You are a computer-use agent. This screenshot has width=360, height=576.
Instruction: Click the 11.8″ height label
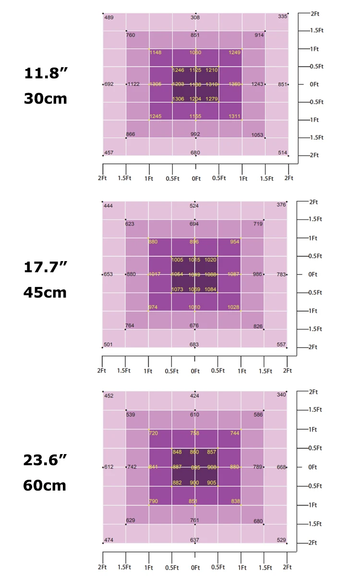(46, 74)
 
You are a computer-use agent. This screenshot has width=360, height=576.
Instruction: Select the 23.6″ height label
(46, 460)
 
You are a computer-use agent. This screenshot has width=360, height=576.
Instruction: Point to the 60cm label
(45, 485)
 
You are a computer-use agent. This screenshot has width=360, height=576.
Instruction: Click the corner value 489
(109, 18)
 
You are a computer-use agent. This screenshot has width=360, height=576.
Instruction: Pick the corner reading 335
(283, 17)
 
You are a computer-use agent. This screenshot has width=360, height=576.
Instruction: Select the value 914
(259, 35)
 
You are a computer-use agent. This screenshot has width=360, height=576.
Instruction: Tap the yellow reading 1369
(235, 84)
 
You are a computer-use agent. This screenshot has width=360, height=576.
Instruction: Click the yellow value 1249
(235, 52)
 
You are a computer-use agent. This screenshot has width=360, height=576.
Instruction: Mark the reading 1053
(257, 135)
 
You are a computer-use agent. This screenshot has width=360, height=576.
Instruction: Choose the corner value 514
(283, 153)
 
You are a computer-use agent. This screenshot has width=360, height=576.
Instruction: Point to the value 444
(108, 206)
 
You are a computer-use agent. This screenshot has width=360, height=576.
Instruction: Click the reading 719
(258, 224)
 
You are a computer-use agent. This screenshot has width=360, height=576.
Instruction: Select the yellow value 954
(235, 242)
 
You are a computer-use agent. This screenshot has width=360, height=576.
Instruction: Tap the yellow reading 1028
(233, 307)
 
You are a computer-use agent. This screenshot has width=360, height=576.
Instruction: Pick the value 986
(258, 274)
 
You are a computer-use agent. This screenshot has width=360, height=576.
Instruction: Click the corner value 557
(281, 345)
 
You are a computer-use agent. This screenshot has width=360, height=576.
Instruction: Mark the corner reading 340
(281, 395)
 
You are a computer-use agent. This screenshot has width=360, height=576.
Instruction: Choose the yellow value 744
(234, 433)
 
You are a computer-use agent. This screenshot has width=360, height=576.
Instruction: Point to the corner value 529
(282, 540)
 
